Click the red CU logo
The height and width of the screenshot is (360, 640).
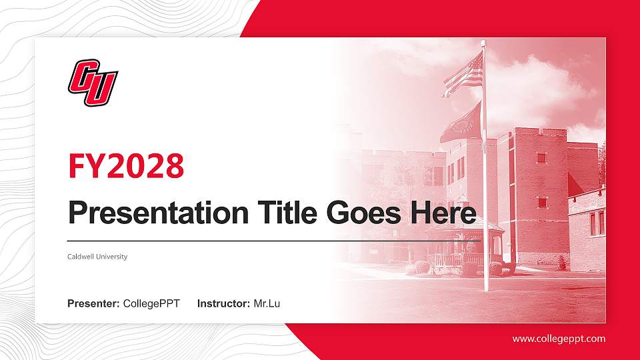pos(92,83)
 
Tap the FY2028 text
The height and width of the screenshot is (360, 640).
pos(127,166)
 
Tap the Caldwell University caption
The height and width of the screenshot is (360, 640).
pos(97,257)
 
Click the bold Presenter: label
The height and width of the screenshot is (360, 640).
pos(94,304)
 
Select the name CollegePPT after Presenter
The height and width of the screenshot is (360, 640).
pos(152,304)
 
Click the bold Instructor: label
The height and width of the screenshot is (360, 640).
pos(224,304)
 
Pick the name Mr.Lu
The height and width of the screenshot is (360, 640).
pos(267,304)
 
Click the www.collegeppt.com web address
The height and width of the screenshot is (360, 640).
pos(559,339)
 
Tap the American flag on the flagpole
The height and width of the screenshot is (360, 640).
pos(464,75)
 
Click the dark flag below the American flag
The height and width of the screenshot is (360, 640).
pos(461,123)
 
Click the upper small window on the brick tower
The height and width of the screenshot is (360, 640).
pos(541,158)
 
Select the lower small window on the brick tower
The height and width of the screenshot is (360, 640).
pos(542,201)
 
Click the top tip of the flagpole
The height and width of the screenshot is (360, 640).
pos(483,43)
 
